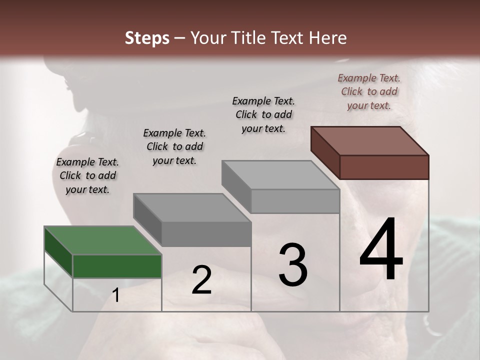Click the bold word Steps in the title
147,38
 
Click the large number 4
381,250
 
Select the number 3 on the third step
293,265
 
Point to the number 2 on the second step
201,280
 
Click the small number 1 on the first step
116,295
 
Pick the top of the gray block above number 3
280,175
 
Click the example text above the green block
87,176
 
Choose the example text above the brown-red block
369,91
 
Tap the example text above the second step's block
174,146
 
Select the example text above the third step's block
263,114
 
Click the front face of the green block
117,266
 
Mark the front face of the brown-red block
384,167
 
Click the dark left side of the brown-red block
325,152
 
